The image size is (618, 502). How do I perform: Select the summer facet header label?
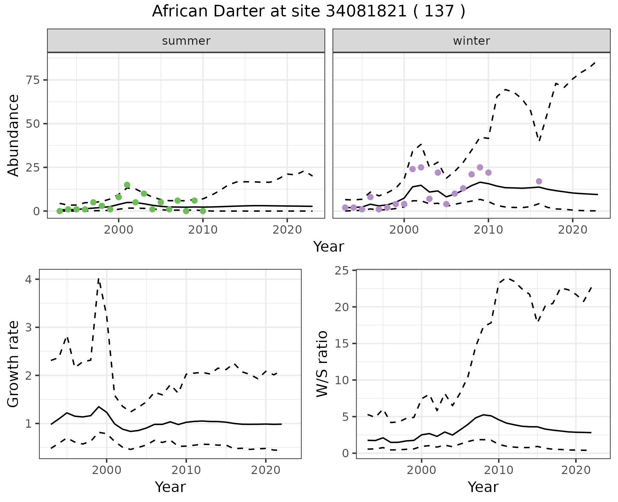tap(186, 41)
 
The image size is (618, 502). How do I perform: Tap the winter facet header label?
tap(471, 41)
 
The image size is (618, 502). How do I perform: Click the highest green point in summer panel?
tap(127, 185)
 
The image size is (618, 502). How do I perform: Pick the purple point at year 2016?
tap(539, 181)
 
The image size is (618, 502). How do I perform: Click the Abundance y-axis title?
tap(14, 135)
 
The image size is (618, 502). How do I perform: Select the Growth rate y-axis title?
tap(14, 364)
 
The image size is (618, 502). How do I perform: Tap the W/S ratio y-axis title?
tap(322, 364)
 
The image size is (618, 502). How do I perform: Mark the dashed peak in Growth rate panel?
tap(98, 279)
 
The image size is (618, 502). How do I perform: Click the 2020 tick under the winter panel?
tap(573, 230)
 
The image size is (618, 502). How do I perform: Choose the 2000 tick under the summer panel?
tap(118, 230)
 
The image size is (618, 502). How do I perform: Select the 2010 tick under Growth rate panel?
tap(186, 470)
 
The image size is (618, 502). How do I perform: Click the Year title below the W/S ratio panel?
tap(483, 487)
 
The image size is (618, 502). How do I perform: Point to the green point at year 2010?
tap(203, 211)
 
